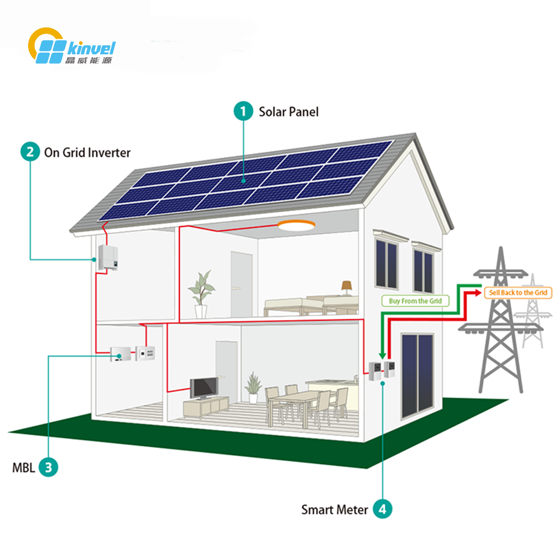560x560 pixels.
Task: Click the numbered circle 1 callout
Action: point(244,111)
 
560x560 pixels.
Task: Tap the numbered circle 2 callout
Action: point(30,152)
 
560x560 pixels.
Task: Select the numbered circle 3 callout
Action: point(48,467)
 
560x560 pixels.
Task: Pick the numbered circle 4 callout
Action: point(382,509)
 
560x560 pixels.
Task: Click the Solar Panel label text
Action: point(288,112)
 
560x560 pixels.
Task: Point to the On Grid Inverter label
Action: point(87,152)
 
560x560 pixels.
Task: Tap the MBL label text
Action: point(24,468)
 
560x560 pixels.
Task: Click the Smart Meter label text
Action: point(334,510)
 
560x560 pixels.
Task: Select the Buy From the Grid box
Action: point(416,301)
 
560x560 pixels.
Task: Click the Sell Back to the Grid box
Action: point(518,293)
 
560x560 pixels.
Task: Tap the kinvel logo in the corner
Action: point(72,46)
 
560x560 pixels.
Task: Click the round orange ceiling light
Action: point(296,225)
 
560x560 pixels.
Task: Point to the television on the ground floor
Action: point(204,388)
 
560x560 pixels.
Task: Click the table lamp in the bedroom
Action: point(347,288)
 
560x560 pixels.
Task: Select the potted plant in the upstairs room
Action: point(202,294)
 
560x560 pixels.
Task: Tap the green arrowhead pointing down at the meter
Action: point(382,356)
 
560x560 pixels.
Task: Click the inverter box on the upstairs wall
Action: point(108,258)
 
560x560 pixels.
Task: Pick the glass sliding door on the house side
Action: point(417,376)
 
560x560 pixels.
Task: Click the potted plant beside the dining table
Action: point(253,388)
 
